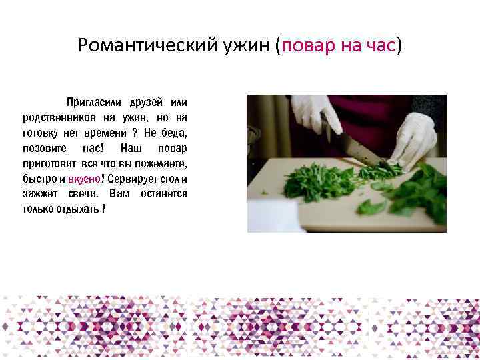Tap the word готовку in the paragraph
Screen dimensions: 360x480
tap(41, 133)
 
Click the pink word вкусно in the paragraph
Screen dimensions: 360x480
tap(83, 179)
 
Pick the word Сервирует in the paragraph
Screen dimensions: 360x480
tap(128, 179)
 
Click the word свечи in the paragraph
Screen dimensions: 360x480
tap(83, 194)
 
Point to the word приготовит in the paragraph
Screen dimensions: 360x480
tap(49, 163)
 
